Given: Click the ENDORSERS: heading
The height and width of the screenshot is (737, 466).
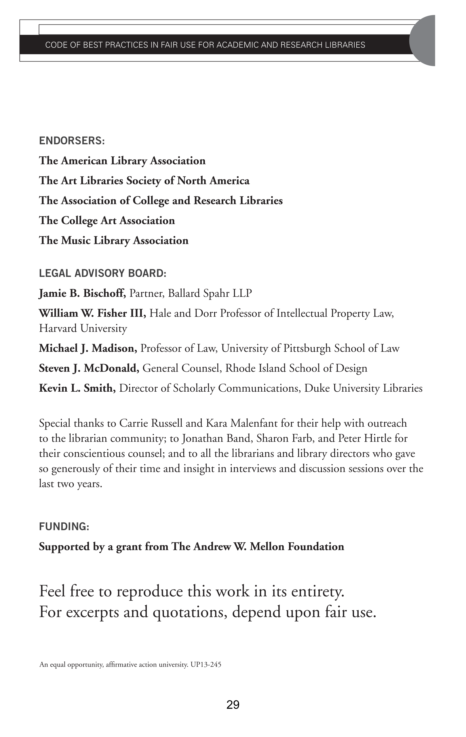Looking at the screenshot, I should tap(72, 141).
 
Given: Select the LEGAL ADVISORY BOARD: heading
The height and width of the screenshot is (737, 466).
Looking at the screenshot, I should tap(103, 273).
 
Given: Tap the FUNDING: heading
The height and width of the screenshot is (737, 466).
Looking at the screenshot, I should tap(64, 527).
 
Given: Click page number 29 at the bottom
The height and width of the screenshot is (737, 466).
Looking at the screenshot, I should tap(233, 705).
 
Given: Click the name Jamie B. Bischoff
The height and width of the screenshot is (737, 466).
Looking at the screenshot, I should tap(82, 293).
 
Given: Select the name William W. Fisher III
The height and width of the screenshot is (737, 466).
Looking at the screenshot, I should tap(92, 313).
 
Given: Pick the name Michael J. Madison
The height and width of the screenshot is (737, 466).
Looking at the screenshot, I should tap(88, 348).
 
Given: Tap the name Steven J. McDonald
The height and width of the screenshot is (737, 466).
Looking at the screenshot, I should tap(89, 368).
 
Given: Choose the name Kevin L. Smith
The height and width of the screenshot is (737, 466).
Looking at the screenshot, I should tap(77, 388).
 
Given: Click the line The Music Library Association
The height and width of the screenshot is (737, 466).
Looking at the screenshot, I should tap(114, 241).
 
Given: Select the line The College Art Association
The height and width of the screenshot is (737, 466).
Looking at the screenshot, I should tap(107, 221).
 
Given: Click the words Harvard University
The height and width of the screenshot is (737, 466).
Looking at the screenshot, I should tap(83, 328).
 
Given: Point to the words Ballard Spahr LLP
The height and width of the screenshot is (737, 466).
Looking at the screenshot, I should tap(210, 293).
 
